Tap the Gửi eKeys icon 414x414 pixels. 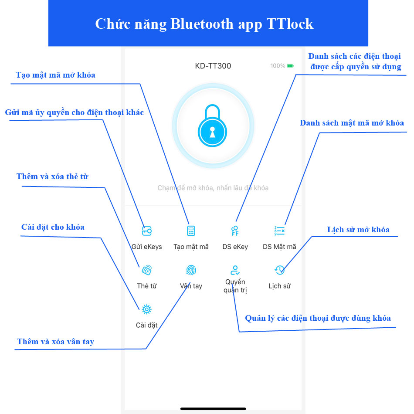point(147,231)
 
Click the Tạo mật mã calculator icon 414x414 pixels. point(191,231)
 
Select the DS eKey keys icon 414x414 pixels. point(235,231)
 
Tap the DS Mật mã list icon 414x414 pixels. point(279,231)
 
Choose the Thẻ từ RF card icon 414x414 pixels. point(147,270)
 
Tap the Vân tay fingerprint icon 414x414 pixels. point(191,270)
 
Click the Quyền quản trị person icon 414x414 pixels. point(235,270)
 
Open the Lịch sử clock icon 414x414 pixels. point(279,270)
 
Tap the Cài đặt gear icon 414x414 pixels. point(147,309)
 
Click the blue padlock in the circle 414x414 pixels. point(213,126)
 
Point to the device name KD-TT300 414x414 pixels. point(213,66)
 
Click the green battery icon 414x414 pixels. point(290,66)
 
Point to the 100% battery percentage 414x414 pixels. point(278,66)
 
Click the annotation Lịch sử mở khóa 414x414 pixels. point(358,230)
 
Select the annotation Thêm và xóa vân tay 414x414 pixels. point(55,342)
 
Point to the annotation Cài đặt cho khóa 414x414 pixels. point(53,227)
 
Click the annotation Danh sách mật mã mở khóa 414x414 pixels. point(352,123)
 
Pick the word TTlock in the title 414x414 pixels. point(289,24)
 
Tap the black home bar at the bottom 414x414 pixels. point(213,408)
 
